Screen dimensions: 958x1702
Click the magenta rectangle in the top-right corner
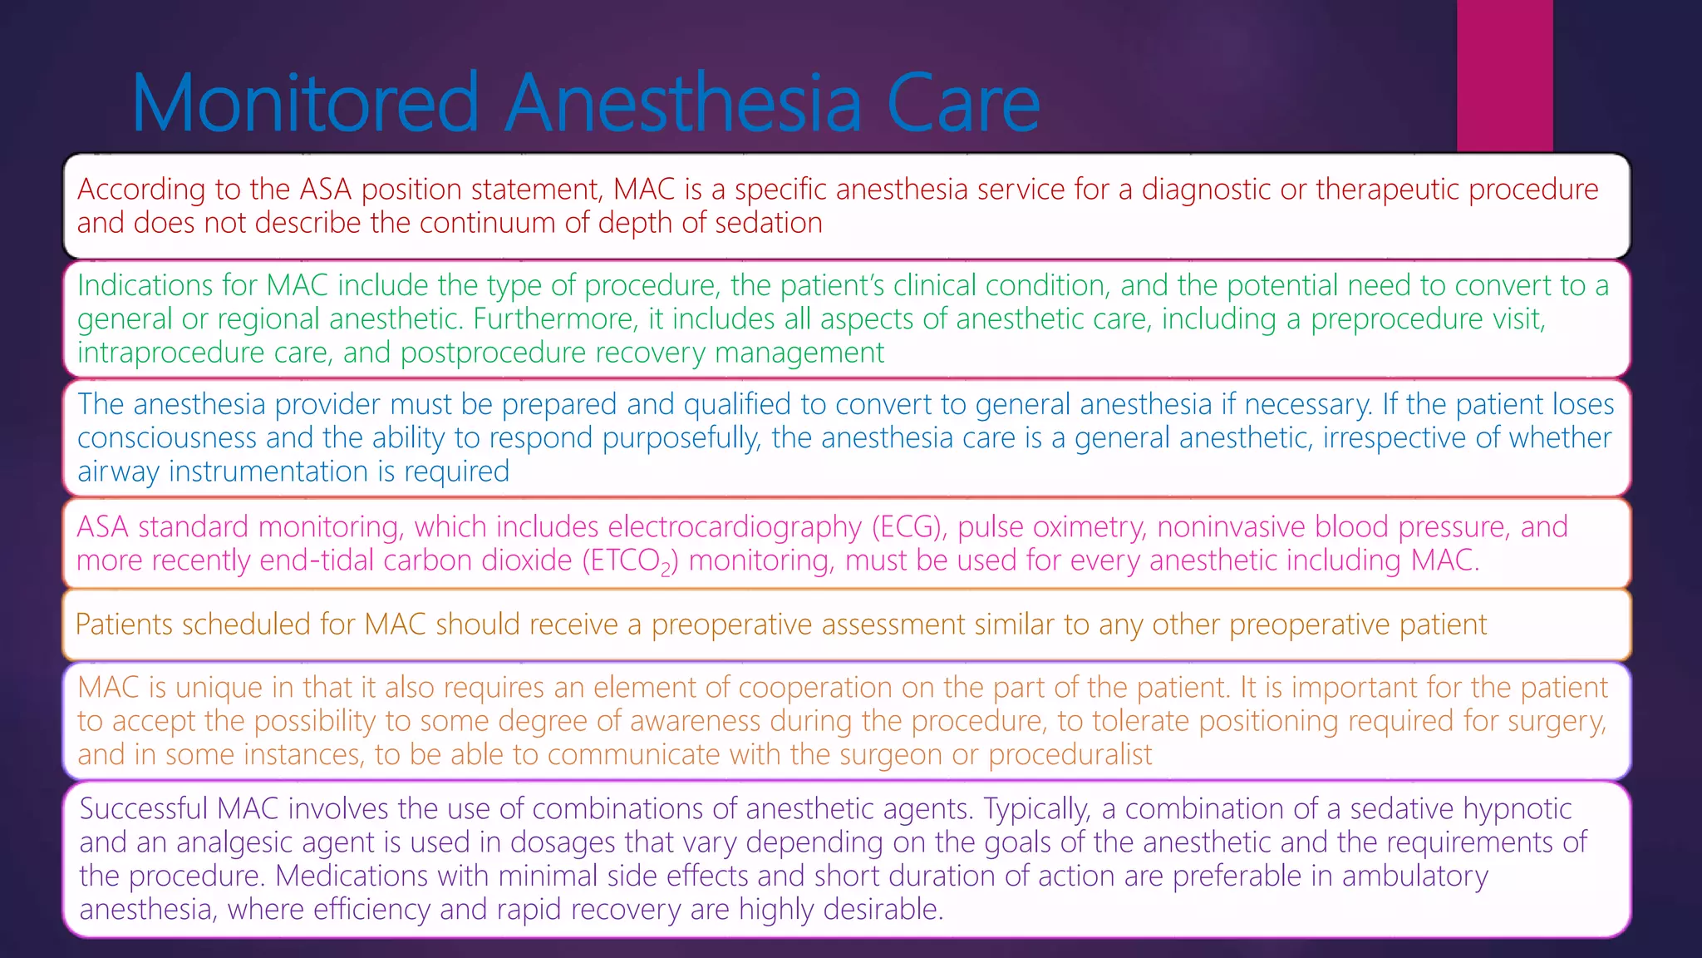point(1504,75)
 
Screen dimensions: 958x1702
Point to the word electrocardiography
point(735,526)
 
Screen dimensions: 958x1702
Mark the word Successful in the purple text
point(143,808)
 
